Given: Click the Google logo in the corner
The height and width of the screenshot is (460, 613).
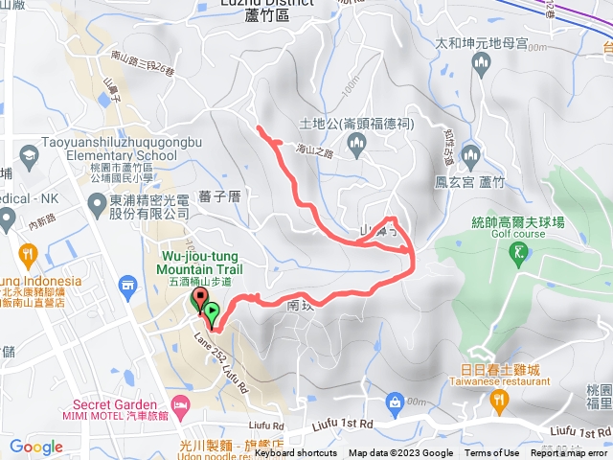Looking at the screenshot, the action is point(36,446).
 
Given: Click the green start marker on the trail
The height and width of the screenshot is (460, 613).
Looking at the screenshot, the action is point(212,311).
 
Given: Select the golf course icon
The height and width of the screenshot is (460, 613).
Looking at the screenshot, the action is point(520,252).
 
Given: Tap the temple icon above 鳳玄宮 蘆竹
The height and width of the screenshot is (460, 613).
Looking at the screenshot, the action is point(470,154).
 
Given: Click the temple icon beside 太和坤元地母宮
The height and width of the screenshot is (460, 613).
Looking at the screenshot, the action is point(483,63).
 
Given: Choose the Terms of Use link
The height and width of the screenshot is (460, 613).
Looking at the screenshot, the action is point(492,453).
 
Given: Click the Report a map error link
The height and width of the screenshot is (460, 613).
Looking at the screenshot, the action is point(571,453).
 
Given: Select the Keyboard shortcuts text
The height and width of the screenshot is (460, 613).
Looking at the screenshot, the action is point(296,453).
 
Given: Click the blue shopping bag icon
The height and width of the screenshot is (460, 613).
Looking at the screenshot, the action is point(394,400).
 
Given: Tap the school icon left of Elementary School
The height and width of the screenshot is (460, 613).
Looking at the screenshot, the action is point(28,154).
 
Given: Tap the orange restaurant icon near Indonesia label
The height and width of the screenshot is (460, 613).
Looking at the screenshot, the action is point(27,256).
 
